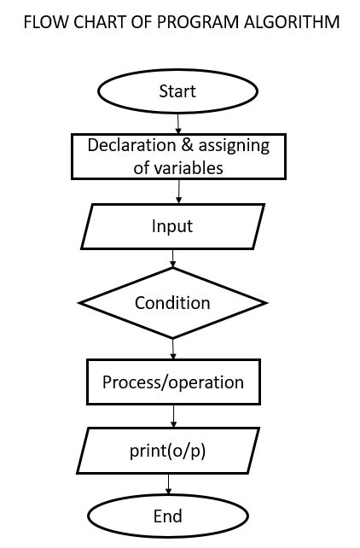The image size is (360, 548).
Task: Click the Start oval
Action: [x=177, y=91]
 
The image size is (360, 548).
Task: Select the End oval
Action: [x=167, y=516]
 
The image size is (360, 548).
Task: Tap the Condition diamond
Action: [x=172, y=303]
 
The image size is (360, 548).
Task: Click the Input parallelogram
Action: [x=172, y=227]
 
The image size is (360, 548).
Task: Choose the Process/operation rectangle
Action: [x=173, y=382]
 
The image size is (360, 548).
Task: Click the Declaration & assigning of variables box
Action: [x=177, y=156]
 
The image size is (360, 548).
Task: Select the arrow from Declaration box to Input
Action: [x=177, y=192]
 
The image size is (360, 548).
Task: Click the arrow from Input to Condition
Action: [x=173, y=257]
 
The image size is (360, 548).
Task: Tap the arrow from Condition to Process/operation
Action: [x=173, y=348]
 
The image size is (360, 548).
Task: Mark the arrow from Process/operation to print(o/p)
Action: [x=173, y=416]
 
